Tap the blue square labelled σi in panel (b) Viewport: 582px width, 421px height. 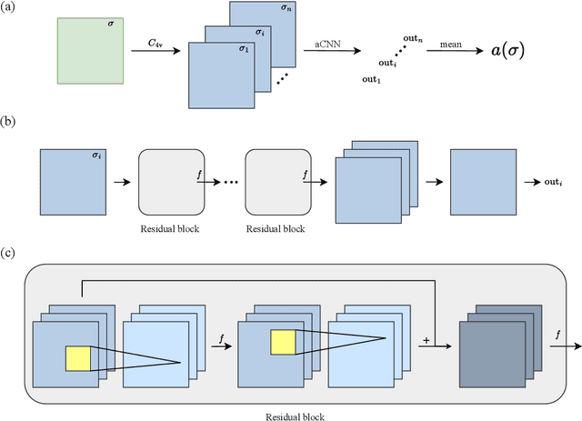coord(72,183)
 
